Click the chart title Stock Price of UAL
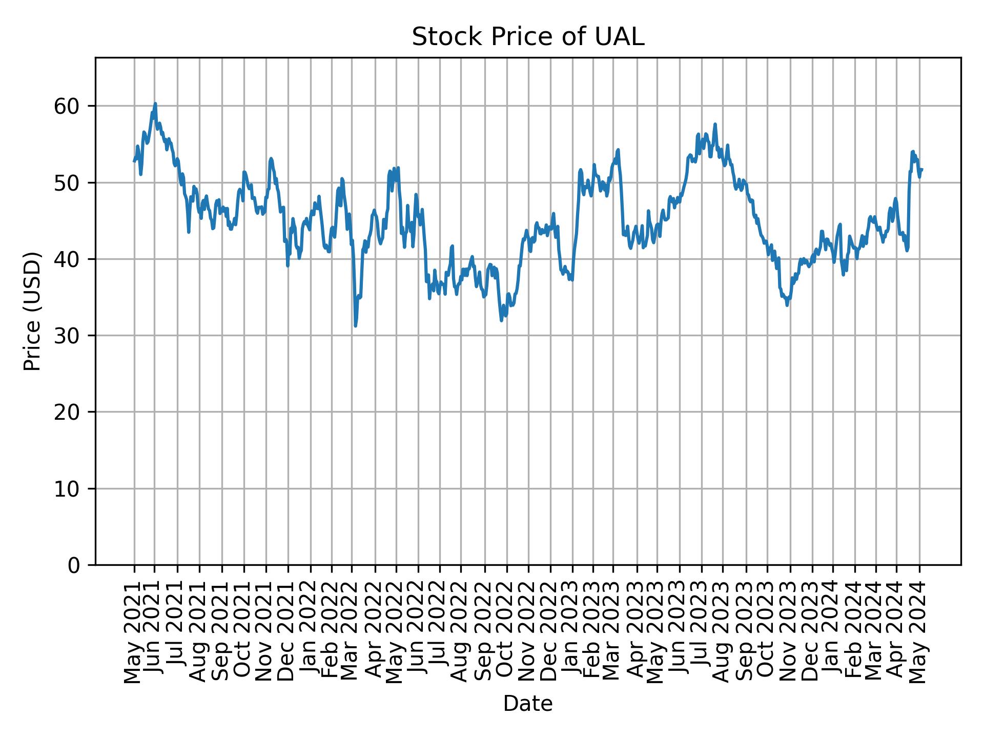pos(527,37)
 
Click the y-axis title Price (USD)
pos(32,311)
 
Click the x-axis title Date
pos(527,704)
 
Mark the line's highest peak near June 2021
pos(155,104)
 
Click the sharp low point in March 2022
pos(355,326)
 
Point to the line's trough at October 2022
pos(501,321)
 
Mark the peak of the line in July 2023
pos(715,124)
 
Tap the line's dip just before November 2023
pos(787,305)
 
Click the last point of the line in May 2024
pos(922,169)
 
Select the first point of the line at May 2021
pos(134,161)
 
